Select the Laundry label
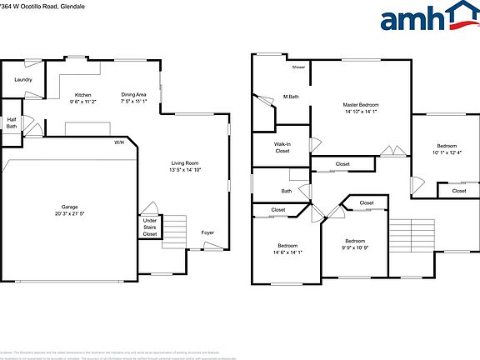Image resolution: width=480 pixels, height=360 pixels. pyautogui.click(x=22, y=80)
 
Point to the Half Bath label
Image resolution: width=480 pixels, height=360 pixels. pyautogui.click(x=12, y=122)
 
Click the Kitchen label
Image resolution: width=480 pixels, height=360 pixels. pyautogui.click(x=82, y=95)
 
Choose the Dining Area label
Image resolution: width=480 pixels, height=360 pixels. pyautogui.click(x=133, y=95)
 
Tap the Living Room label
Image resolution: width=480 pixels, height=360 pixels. pyautogui.click(x=185, y=162)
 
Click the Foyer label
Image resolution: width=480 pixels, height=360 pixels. pyautogui.click(x=207, y=232)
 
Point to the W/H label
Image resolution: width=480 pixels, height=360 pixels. pyautogui.click(x=119, y=143)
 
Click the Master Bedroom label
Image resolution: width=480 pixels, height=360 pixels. pyautogui.click(x=360, y=105)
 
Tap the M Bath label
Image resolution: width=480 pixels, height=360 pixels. pyautogui.click(x=291, y=97)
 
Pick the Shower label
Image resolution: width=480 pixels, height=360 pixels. pyautogui.click(x=298, y=67)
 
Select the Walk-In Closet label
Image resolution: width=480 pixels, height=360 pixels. pyautogui.click(x=282, y=147)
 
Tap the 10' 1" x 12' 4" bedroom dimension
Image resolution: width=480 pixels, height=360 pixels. pyautogui.click(x=447, y=152)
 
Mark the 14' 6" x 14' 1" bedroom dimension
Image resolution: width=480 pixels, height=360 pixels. pyautogui.click(x=287, y=252)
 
